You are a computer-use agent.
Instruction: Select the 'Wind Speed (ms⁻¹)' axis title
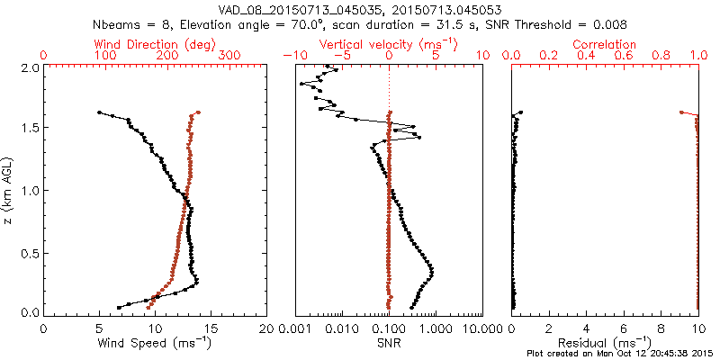[x=156, y=343]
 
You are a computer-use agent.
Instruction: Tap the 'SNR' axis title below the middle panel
[x=388, y=343]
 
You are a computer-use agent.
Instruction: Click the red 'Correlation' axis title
[x=605, y=44]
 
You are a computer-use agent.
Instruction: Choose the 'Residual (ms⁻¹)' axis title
[x=605, y=343]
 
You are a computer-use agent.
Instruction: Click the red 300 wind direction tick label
[x=229, y=56]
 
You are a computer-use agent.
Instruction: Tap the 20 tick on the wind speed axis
[x=266, y=328]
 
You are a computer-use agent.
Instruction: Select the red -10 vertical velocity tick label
[x=292, y=56]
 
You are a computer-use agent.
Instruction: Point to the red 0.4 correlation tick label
[x=586, y=56]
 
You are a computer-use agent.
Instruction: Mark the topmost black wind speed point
[x=99, y=112]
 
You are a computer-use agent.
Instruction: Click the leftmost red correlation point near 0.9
[x=680, y=112]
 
